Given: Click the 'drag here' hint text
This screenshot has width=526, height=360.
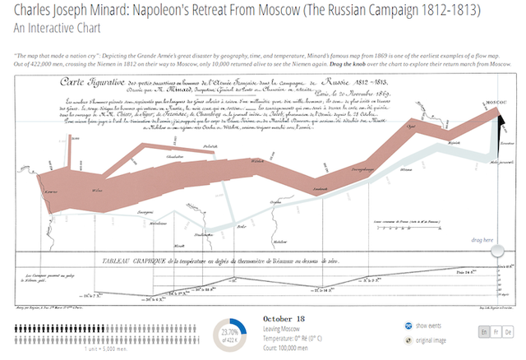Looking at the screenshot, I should pos(482,240).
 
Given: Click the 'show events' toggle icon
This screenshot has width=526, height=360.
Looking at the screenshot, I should pos(409,325).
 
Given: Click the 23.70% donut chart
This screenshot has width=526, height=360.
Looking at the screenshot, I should pos(232,331).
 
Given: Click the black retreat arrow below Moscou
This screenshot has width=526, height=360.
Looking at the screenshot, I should pos(502,124).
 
